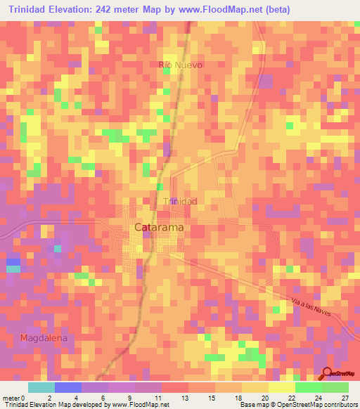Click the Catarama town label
pos(160,227)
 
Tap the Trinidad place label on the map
pos(180,202)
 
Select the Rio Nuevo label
pos(181,65)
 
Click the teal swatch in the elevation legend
pos(41,387)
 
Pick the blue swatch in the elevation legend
pos(67,387)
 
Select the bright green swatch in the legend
pos(309,387)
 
